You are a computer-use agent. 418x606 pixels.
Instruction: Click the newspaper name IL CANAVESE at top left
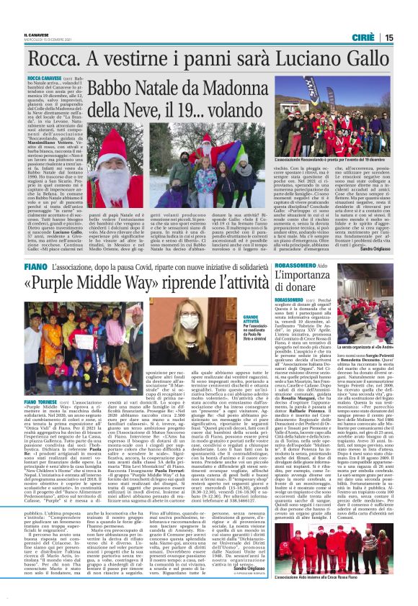[x=36, y=32]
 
